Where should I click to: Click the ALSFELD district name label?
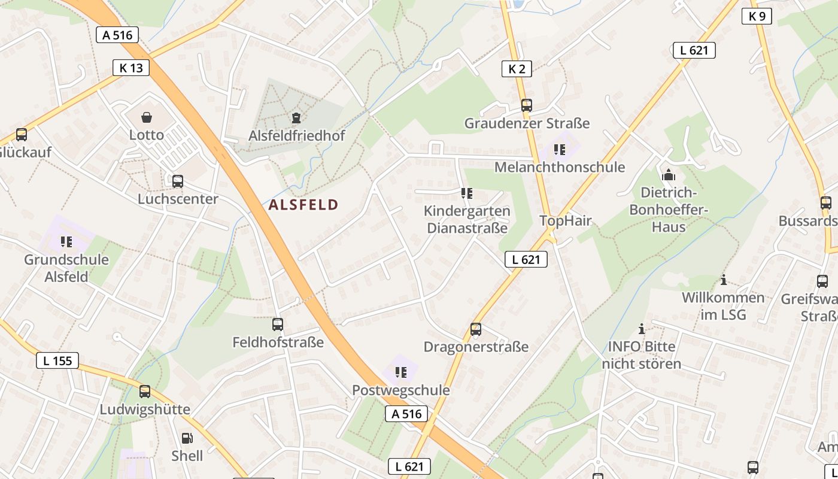pos(303,205)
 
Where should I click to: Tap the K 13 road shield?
pos(131,68)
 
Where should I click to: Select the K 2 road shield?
pos(517,69)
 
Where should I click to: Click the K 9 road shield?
pos(757,16)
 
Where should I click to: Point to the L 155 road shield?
pos(57,360)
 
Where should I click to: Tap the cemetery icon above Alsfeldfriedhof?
pos(296,118)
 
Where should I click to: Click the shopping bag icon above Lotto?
pos(146,117)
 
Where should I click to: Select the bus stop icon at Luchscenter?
pos(178,181)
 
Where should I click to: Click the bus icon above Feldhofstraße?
pos(278,325)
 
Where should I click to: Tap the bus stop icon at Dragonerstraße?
pos(476,329)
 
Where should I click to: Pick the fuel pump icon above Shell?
pos(187,438)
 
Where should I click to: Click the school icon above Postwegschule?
pos(400,372)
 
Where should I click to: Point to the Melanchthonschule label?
pos(559,167)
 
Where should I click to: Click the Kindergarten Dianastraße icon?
pos(466,193)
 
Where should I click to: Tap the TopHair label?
pos(566,220)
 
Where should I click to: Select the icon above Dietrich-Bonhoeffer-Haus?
pos(669,175)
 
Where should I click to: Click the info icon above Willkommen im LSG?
pos(724,280)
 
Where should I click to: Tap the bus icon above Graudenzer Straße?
pos(527,105)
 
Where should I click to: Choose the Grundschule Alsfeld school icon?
pos(66,242)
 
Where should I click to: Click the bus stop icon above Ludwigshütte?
pos(145,392)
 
